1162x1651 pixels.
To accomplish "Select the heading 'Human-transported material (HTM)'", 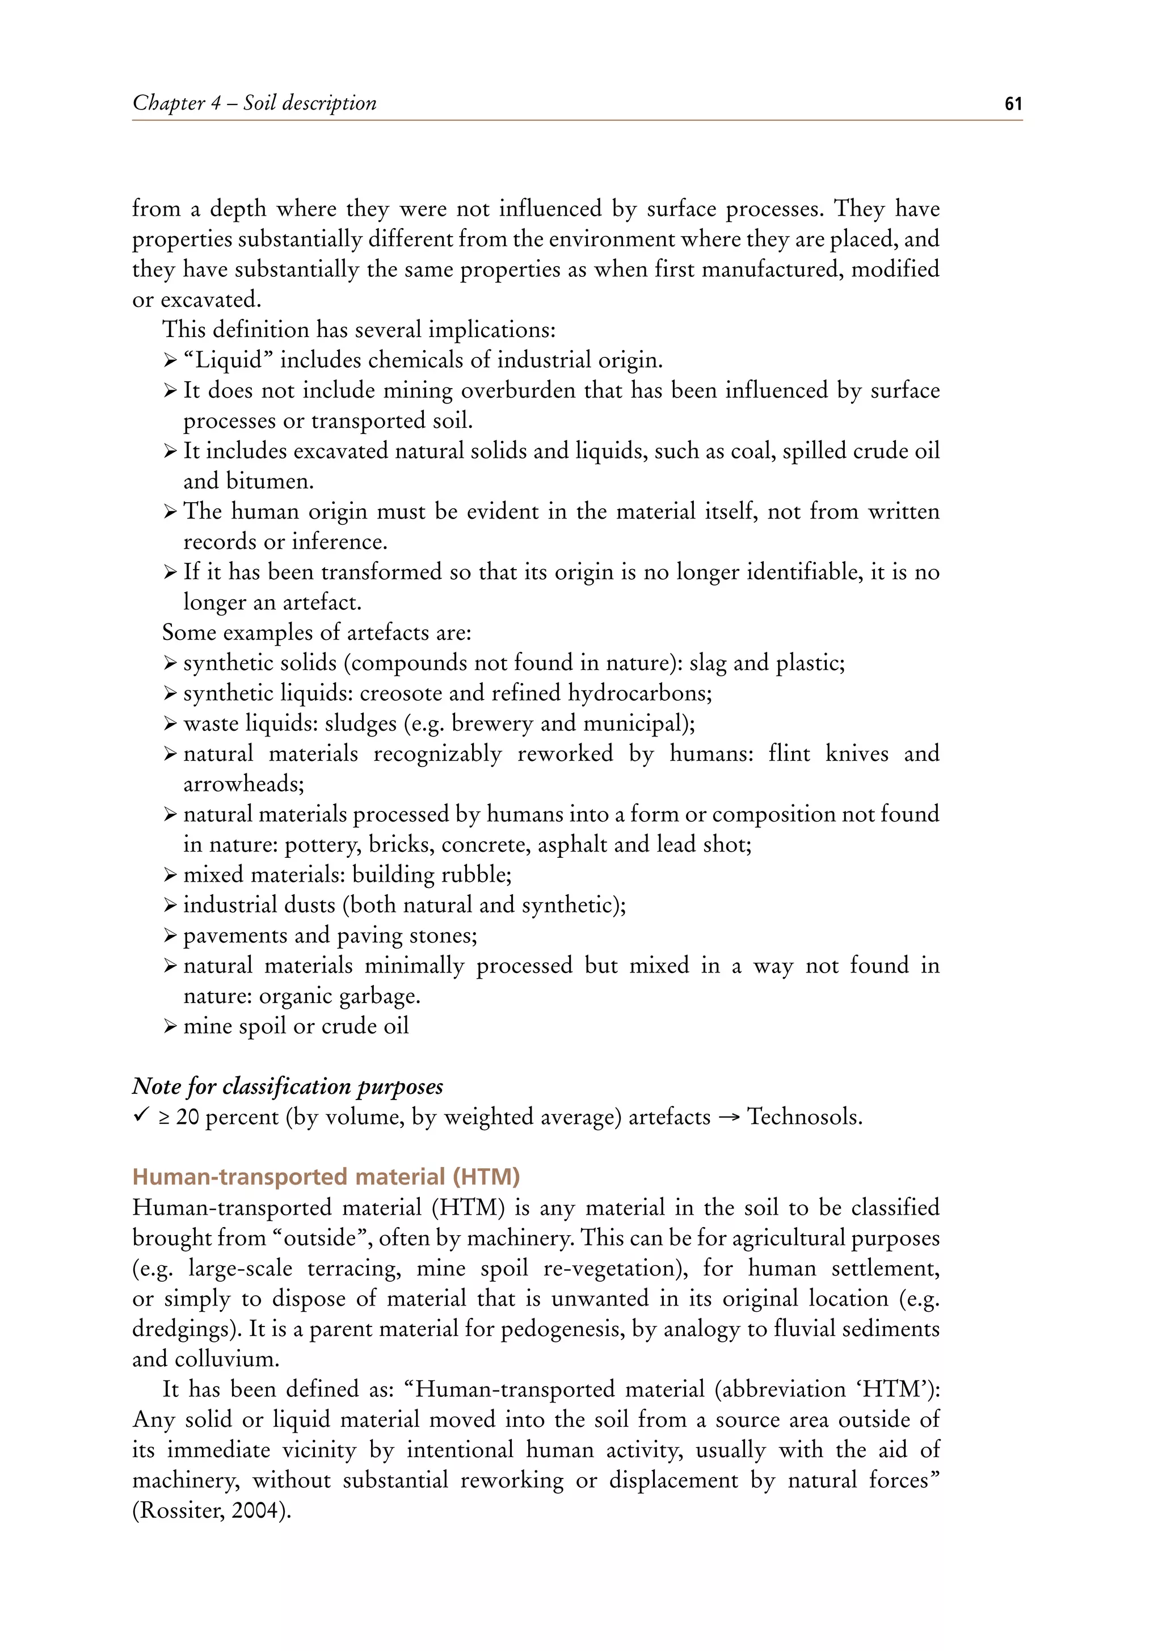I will point(326,1177).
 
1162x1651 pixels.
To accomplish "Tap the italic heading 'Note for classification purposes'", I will point(288,1086).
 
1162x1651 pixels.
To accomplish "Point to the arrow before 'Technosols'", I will point(729,1118).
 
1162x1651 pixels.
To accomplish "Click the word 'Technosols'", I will point(803,1117).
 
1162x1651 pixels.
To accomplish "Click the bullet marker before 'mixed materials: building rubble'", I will point(170,875).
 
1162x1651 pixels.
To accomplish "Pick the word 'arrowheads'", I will point(242,784).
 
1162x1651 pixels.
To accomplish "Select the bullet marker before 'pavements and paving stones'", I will point(170,936).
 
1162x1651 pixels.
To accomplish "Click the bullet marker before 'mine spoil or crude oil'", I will point(170,1026).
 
